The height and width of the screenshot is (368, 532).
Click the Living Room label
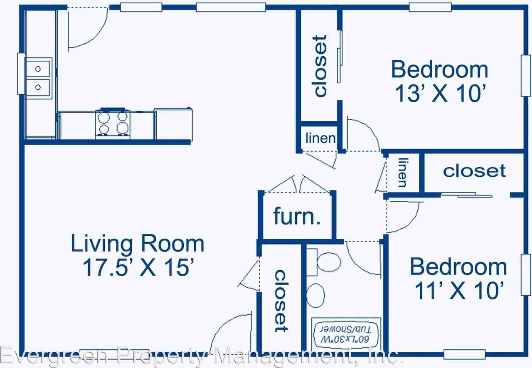coord(137,244)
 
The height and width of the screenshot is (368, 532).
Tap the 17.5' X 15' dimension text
coord(137,268)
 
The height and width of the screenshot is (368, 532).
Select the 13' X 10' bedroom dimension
coord(440,94)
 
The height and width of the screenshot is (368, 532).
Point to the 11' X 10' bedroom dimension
coord(459,291)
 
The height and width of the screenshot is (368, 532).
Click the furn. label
coord(297,216)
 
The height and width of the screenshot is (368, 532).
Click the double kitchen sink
coord(38,78)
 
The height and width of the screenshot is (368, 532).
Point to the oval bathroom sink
coord(316,295)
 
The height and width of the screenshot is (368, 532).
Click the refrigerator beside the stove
coord(173,124)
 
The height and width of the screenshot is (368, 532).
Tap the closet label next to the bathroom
coord(281,301)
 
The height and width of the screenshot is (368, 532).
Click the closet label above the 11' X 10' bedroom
coord(474,170)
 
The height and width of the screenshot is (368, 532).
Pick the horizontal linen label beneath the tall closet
coord(320,138)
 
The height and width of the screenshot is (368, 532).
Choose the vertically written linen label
coord(402,172)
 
